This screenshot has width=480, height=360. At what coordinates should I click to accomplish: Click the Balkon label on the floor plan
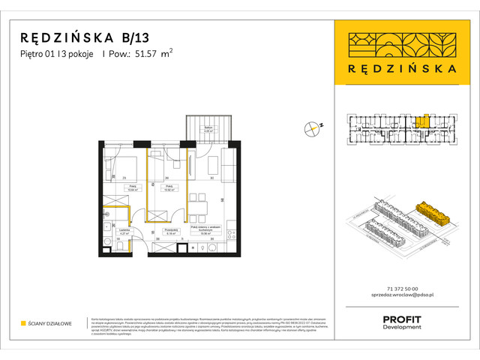(208, 128)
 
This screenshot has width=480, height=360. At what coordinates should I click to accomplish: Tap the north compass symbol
(312, 128)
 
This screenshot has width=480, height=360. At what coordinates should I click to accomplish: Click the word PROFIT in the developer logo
(401, 319)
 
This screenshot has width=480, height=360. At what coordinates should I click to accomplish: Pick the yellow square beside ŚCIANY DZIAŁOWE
(23, 323)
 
